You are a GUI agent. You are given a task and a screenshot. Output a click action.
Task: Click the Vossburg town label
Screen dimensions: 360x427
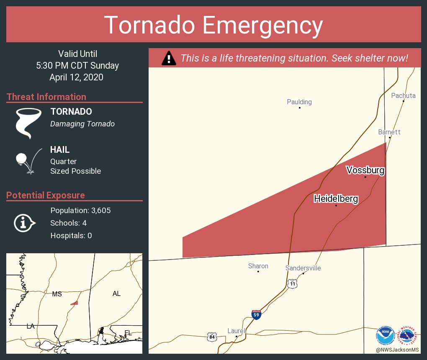(x=365, y=170)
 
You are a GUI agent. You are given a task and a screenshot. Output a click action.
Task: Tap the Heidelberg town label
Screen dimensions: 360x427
(x=336, y=199)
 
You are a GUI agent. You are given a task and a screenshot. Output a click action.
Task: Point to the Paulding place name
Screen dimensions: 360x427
(x=299, y=102)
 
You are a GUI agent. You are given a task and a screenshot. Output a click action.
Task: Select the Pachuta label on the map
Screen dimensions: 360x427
(x=403, y=96)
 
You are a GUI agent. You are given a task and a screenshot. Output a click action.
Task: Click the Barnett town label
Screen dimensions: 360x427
(x=389, y=132)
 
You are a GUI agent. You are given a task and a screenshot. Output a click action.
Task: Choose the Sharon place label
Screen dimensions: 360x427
(x=258, y=266)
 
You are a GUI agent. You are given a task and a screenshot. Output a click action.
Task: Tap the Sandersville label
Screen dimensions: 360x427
(x=303, y=268)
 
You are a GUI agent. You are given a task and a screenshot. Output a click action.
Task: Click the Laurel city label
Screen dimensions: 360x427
(x=236, y=331)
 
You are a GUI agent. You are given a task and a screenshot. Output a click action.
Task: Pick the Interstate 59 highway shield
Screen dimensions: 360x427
(x=257, y=314)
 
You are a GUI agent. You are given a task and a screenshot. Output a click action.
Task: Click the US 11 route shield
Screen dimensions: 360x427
(x=292, y=284)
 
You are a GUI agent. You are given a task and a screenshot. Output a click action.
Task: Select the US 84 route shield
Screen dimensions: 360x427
(x=212, y=336)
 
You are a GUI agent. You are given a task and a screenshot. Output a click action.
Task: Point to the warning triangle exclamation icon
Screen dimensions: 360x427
(x=168, y=58)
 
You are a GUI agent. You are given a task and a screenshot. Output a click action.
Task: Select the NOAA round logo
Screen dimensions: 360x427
(x=385, y=335)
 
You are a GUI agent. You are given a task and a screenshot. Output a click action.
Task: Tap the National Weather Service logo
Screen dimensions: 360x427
(x=408, y=335)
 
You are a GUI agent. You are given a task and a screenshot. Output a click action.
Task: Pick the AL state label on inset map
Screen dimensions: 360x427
(x=116, y=294)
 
